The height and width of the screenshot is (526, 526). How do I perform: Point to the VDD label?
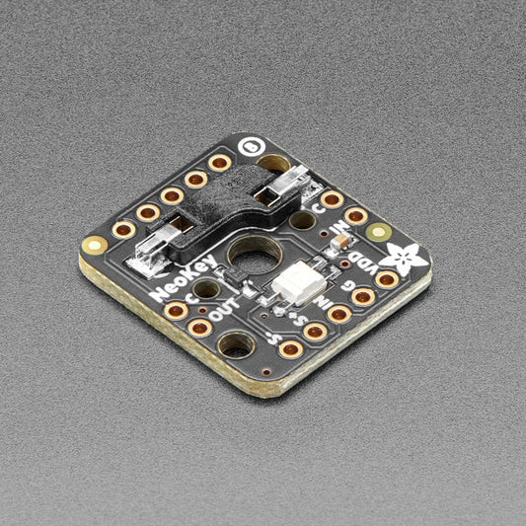click(359, 266)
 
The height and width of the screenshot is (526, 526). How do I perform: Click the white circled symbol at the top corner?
click(254, 144)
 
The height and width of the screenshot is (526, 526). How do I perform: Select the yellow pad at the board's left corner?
click(95, 244)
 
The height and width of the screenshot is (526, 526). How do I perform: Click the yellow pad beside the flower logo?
click(378, 233)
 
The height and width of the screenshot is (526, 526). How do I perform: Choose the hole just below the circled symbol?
click(273, 164)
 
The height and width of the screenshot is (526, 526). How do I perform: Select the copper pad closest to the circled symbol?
click(221, 163)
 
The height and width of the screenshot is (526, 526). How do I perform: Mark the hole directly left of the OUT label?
click(205, 289)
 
